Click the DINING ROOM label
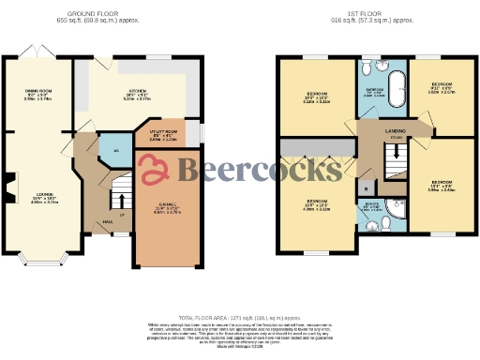coord(37,92)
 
